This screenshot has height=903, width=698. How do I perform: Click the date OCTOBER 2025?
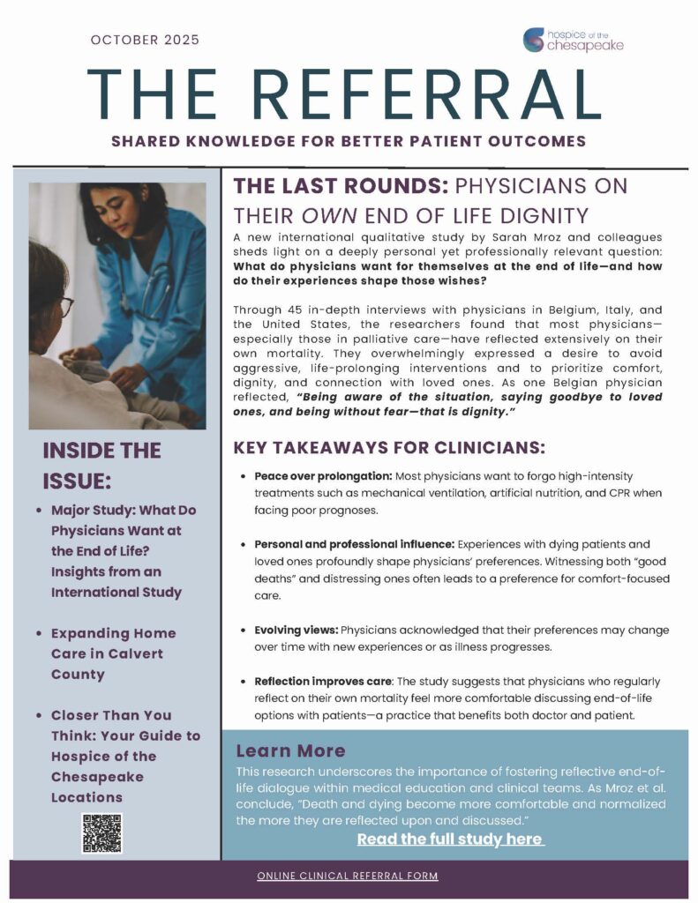[x=146, y=40]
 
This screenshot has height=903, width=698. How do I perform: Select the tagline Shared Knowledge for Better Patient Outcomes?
[x=349, y=141]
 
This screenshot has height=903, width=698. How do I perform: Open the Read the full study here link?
[x=450, y=839]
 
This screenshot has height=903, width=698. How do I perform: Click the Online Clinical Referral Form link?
[x=348, y=877]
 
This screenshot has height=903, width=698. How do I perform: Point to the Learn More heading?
[x=290, y=750]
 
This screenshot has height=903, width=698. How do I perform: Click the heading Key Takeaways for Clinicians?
[x=389, y=447]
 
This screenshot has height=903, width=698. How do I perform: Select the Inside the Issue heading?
[x=101, y=466]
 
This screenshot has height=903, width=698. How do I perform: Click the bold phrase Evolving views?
[x=296, y=631]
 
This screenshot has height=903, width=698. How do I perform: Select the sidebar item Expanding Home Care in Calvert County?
[x=113, y=653]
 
